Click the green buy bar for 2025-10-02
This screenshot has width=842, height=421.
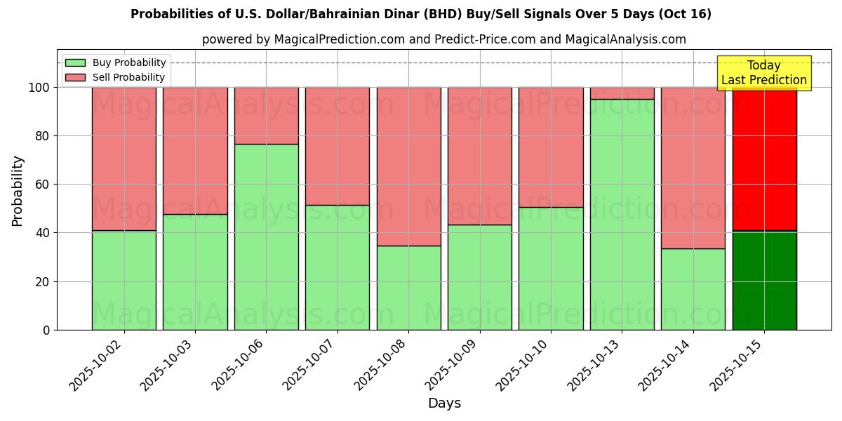(x=124, y=280)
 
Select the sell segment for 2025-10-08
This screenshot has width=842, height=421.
(x=409, y=166)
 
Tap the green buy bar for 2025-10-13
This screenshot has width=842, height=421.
(x=622, y=214)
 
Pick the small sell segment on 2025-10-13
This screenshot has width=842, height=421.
(x=622, y=93)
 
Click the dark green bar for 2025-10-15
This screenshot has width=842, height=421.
(x=765, y=280)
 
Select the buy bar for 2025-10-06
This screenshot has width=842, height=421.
(x=267, y=236)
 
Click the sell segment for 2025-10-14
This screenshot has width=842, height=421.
(x=693, y=168)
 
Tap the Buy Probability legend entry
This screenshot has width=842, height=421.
(x=116, y=62)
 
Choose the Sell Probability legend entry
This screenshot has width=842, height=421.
(x=116, y=77)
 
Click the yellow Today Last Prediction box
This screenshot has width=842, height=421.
(x=764, y=73)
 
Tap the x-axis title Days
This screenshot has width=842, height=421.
(x=444, y=403)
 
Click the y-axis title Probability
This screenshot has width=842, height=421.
(x=18, y=191)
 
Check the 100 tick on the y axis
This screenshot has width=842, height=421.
(x=39, y=88)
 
